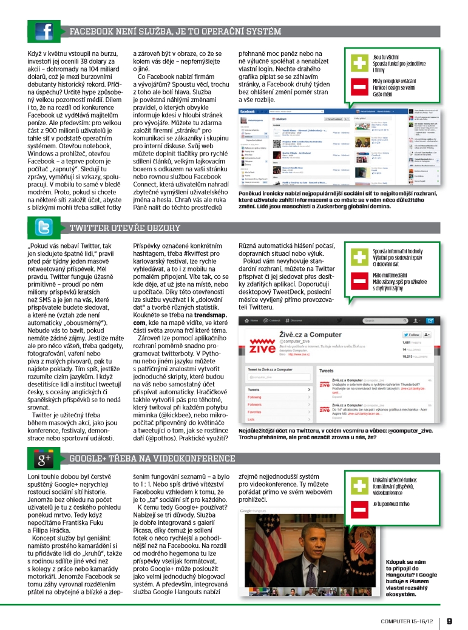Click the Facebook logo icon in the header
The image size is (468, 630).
tap(45, 31)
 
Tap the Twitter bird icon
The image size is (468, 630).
tap(45, 228)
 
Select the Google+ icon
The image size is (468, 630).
tap(45, 459)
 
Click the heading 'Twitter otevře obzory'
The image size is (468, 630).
tap(125, 228)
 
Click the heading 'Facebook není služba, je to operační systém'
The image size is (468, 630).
tap(175, 32)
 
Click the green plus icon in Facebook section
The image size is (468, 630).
tap(360, 63)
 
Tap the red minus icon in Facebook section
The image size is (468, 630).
tap(360, 89)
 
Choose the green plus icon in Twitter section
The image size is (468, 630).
tap(360, 256)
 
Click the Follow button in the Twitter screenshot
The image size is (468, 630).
tap(413, 334)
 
